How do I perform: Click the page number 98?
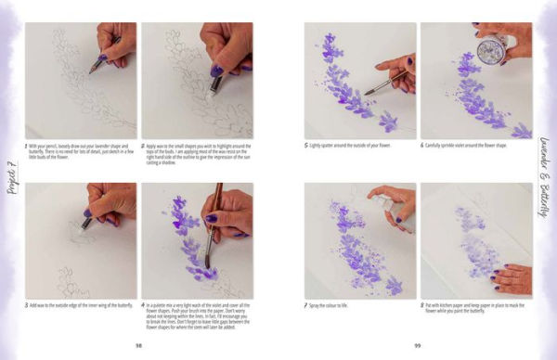coord(139,343)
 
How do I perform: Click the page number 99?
coord(418,343)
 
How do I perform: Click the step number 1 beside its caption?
coord(27,146)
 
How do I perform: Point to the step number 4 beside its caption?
coord(142,304)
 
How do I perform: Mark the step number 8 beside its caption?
coord(421,304)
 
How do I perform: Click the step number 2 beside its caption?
coord(142,146)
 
